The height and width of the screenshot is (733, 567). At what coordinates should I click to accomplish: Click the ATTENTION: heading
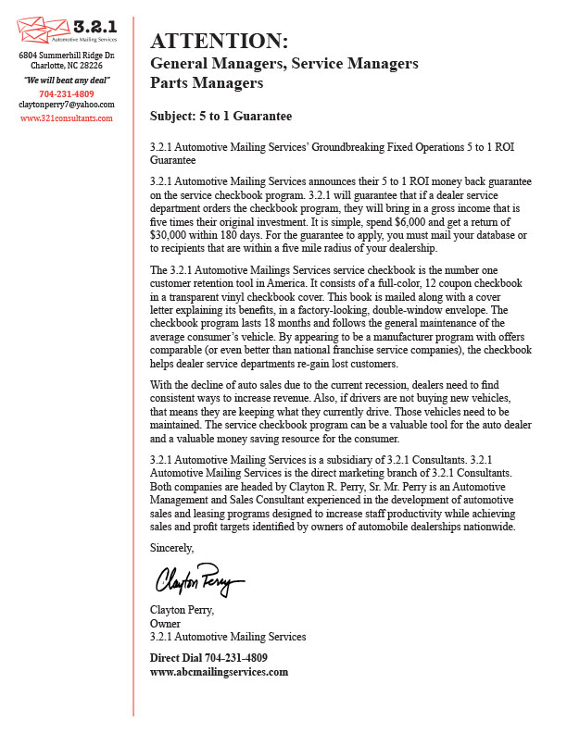[x=219, y=42]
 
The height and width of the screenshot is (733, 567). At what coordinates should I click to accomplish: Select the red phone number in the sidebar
[x=66, y=93]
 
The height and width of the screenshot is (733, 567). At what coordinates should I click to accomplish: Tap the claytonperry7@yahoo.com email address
[x=66, y=105]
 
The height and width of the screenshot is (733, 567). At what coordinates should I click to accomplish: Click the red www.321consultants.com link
[x=66, y=118]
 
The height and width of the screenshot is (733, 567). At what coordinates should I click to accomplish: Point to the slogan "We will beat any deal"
[x=66, y=81]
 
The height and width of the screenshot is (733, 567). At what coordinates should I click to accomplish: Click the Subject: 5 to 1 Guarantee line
[x=220, y=116]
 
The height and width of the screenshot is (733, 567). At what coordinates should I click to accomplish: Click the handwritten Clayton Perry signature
[x=198, y=580]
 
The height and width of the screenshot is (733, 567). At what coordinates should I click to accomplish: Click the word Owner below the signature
[x=165, y=623]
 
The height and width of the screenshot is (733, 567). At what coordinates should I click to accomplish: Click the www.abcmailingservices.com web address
[x=219, y=672]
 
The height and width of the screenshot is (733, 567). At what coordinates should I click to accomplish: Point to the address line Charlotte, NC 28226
[x=66, y=66]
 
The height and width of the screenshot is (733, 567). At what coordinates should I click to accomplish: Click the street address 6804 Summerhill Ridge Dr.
[x=66, y=56]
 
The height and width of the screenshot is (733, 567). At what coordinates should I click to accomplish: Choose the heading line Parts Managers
[x=207, y=83]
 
